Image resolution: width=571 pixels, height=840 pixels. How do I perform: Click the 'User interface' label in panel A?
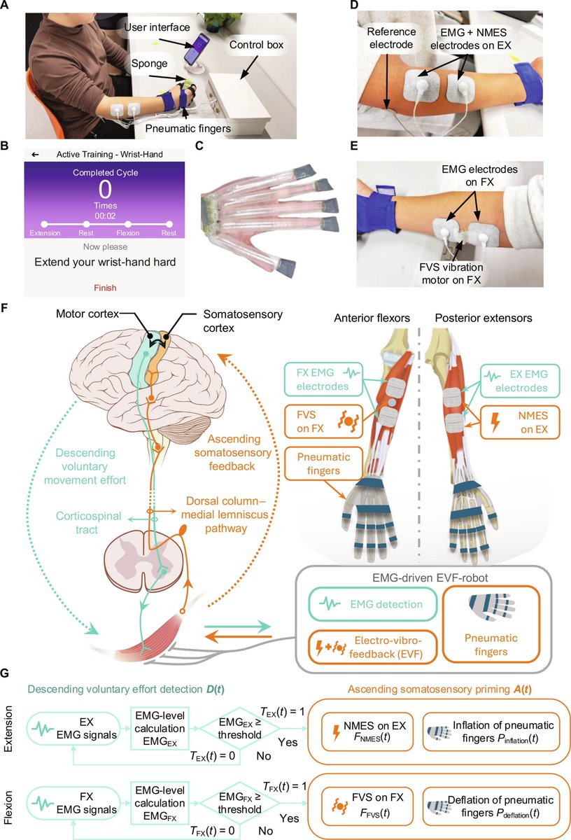tap(158, 27)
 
